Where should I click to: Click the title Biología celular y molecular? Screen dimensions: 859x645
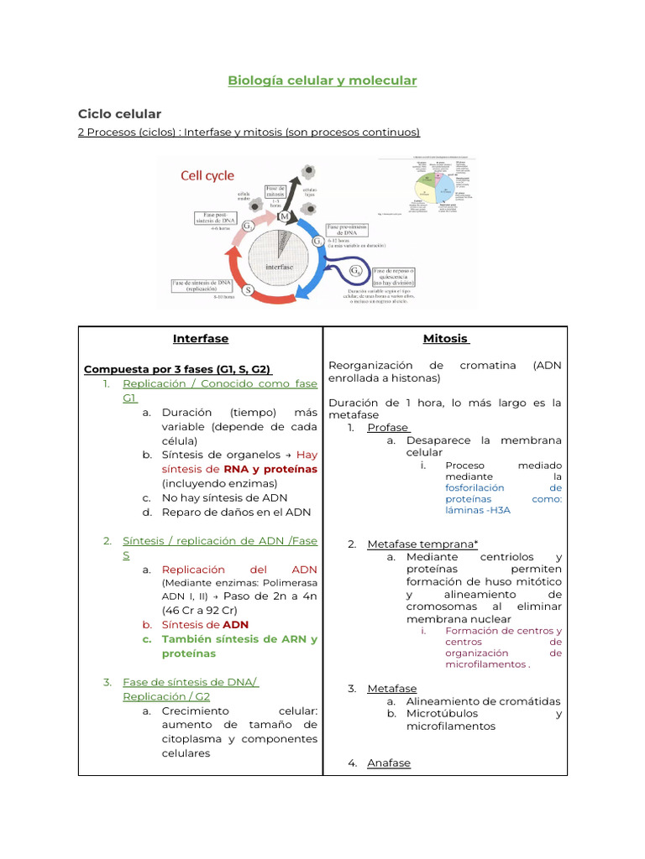click(322, 81)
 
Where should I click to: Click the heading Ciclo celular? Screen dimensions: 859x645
click(119, 113)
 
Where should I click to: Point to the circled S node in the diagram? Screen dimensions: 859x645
click(249, 290)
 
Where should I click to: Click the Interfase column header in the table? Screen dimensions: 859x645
click(201, 339)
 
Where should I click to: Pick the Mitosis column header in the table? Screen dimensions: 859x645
click(445, 339)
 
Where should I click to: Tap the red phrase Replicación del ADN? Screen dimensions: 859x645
click(239, 569)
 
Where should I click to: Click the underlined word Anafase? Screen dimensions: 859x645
click(389, 763)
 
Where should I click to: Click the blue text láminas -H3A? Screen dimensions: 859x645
click(478, 509)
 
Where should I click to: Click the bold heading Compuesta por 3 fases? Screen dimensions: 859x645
click(177, 369)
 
